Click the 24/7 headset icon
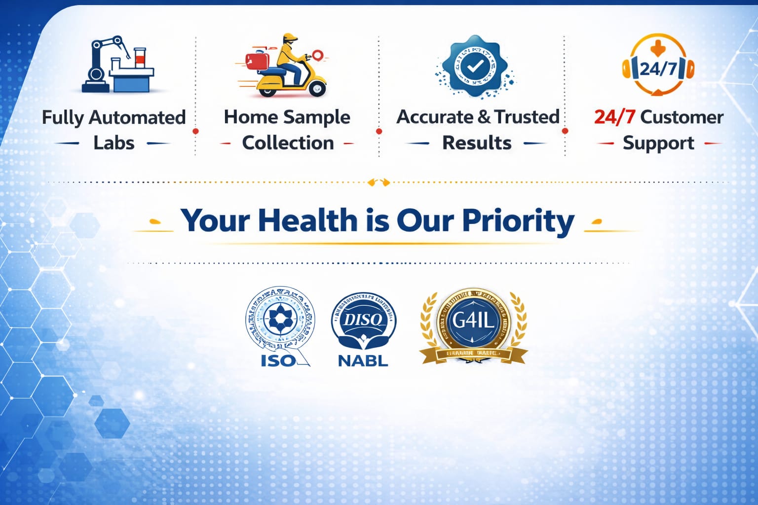coord(658,66)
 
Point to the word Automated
coord(137,118)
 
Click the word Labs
coord(114,143)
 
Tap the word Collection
coord(288,143)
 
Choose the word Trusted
coord(527,117)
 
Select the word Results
coord(477,143)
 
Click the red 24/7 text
coord(614,117)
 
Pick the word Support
coord(658,143)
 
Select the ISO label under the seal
coord(278,361)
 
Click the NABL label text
coord(363,361)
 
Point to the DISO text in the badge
coord(363,320)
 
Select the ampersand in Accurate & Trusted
coord(484,117)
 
